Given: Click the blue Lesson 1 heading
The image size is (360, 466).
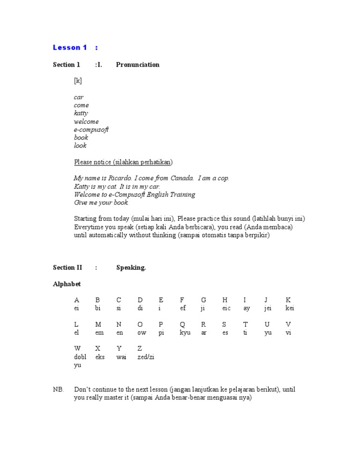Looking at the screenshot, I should (70, 47).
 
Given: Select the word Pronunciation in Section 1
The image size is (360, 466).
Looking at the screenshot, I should (137, 65).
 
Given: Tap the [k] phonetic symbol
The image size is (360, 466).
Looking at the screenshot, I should (78, 81).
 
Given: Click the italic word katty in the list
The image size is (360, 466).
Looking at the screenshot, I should (81, 113).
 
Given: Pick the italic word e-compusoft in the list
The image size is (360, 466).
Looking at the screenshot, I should (91, 129).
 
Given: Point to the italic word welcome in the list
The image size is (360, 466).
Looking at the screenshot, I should (86, 121).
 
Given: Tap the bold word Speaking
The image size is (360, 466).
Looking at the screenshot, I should (131, 268).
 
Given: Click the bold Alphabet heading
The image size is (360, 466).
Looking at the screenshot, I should (67, 284).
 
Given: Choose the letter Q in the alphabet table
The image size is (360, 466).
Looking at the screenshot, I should (182, 324).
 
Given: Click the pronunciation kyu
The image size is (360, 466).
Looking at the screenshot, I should (185, 332).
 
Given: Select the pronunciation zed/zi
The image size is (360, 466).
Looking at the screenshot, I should (146, 357).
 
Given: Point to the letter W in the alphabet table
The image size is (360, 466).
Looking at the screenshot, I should (77, 349).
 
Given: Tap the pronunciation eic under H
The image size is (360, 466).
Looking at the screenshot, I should (226, 308).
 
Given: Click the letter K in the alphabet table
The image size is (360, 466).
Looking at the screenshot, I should (288, 300).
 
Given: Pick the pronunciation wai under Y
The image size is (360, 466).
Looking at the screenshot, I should (121, 357).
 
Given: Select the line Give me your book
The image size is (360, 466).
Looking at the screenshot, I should (101, 203).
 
